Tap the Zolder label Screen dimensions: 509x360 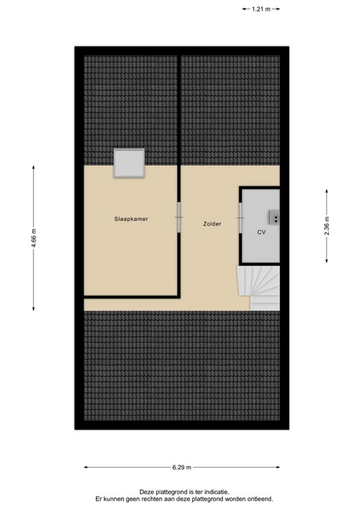212,224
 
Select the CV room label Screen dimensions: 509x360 261,233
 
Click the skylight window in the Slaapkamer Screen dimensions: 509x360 129,163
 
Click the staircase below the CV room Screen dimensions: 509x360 259,287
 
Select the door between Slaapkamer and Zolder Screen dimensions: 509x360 179,217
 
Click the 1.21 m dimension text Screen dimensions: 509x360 261,9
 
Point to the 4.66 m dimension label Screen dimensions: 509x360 33,237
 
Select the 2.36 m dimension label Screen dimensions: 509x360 326,226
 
